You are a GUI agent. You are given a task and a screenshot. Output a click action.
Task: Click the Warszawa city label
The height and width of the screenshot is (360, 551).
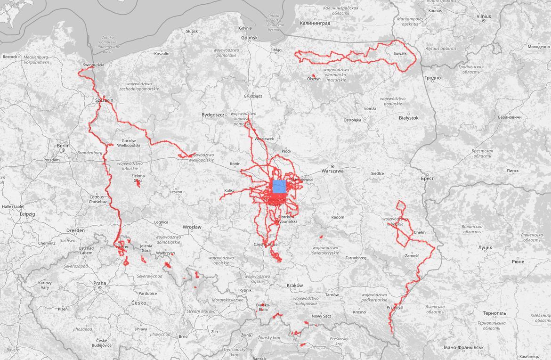[332, 171]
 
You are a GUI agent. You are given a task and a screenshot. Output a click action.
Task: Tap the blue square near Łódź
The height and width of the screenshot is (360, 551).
[279, 187]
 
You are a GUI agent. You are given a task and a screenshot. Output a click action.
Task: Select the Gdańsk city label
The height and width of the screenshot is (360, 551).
[249, 38]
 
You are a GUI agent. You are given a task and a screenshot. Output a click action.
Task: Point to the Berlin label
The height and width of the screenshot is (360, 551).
[63, 146]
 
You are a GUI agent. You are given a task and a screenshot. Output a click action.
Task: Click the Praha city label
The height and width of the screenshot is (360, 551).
[99, 283]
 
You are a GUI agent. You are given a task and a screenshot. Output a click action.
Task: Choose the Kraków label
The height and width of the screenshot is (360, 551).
[294, 286]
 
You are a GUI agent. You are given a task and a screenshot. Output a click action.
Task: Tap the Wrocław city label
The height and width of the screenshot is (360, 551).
[192, 227]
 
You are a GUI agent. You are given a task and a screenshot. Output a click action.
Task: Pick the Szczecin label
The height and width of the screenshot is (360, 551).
[104, 100]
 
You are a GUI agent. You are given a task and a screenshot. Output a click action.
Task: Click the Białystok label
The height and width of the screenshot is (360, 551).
[408, 118]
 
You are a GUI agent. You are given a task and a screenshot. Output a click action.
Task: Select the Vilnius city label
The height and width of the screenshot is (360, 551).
[483, 16]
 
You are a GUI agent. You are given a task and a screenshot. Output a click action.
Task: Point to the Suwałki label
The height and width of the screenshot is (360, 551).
[400, 53]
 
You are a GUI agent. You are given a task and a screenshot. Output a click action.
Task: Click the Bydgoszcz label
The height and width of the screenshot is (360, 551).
[214, 115]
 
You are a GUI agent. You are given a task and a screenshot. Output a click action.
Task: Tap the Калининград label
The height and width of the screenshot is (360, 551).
[316, 23]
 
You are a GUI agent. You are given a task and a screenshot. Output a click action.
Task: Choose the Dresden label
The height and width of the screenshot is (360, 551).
[75, 230]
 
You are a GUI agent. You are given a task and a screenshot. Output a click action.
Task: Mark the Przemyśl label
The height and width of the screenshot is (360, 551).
[395, 307]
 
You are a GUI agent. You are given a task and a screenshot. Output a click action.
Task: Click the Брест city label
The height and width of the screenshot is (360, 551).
[427, 179]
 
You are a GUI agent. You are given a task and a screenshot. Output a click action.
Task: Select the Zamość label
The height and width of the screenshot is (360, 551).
[412, 256]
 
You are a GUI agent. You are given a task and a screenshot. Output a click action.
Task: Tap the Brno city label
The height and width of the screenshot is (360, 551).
[183, 336]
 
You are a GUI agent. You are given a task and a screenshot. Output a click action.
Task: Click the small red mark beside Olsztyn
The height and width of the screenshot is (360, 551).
[314, 75]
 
